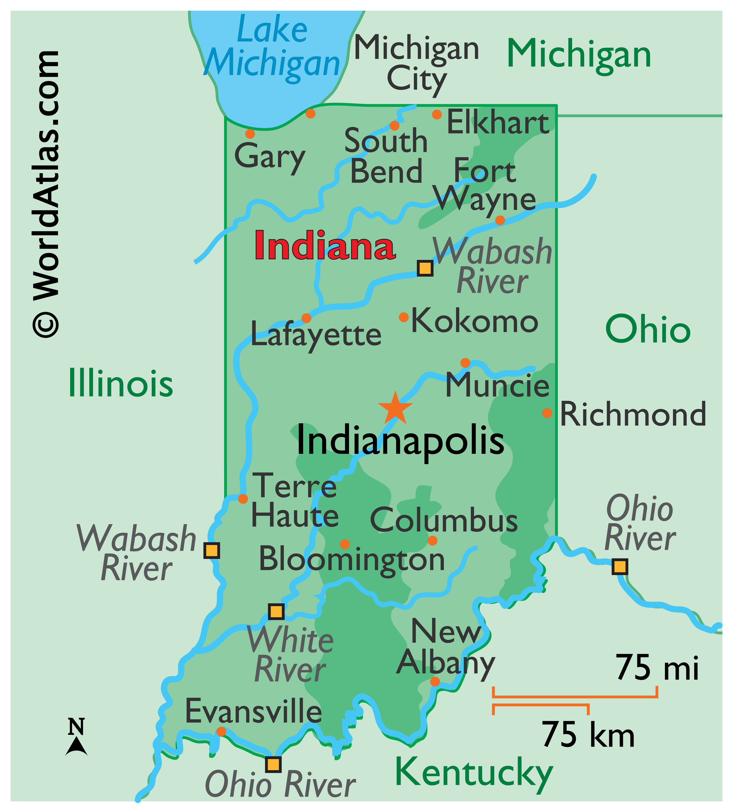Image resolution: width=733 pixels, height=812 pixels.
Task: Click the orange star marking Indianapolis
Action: pyautogui.click(x=395, y=408)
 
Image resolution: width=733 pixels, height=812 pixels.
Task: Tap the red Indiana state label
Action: pyautogui.click(x=324, y=246)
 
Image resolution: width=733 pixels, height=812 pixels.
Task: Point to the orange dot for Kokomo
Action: pyautogui.click(x=403, y=317)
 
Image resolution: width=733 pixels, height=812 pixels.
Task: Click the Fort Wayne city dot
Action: pyautogui.click(x=499, y=220)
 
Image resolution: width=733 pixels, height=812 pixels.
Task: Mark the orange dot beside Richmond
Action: pyautogui.click(x=547, y=413)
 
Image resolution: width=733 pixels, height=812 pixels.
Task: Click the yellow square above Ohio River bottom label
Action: pyautogui.click(x=273, y=764)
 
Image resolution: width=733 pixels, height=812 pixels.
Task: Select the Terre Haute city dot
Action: pyautogui.click(x=243, y=499)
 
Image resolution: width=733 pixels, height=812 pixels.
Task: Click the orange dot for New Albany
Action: pyautogui.click(x=435, y=681)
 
